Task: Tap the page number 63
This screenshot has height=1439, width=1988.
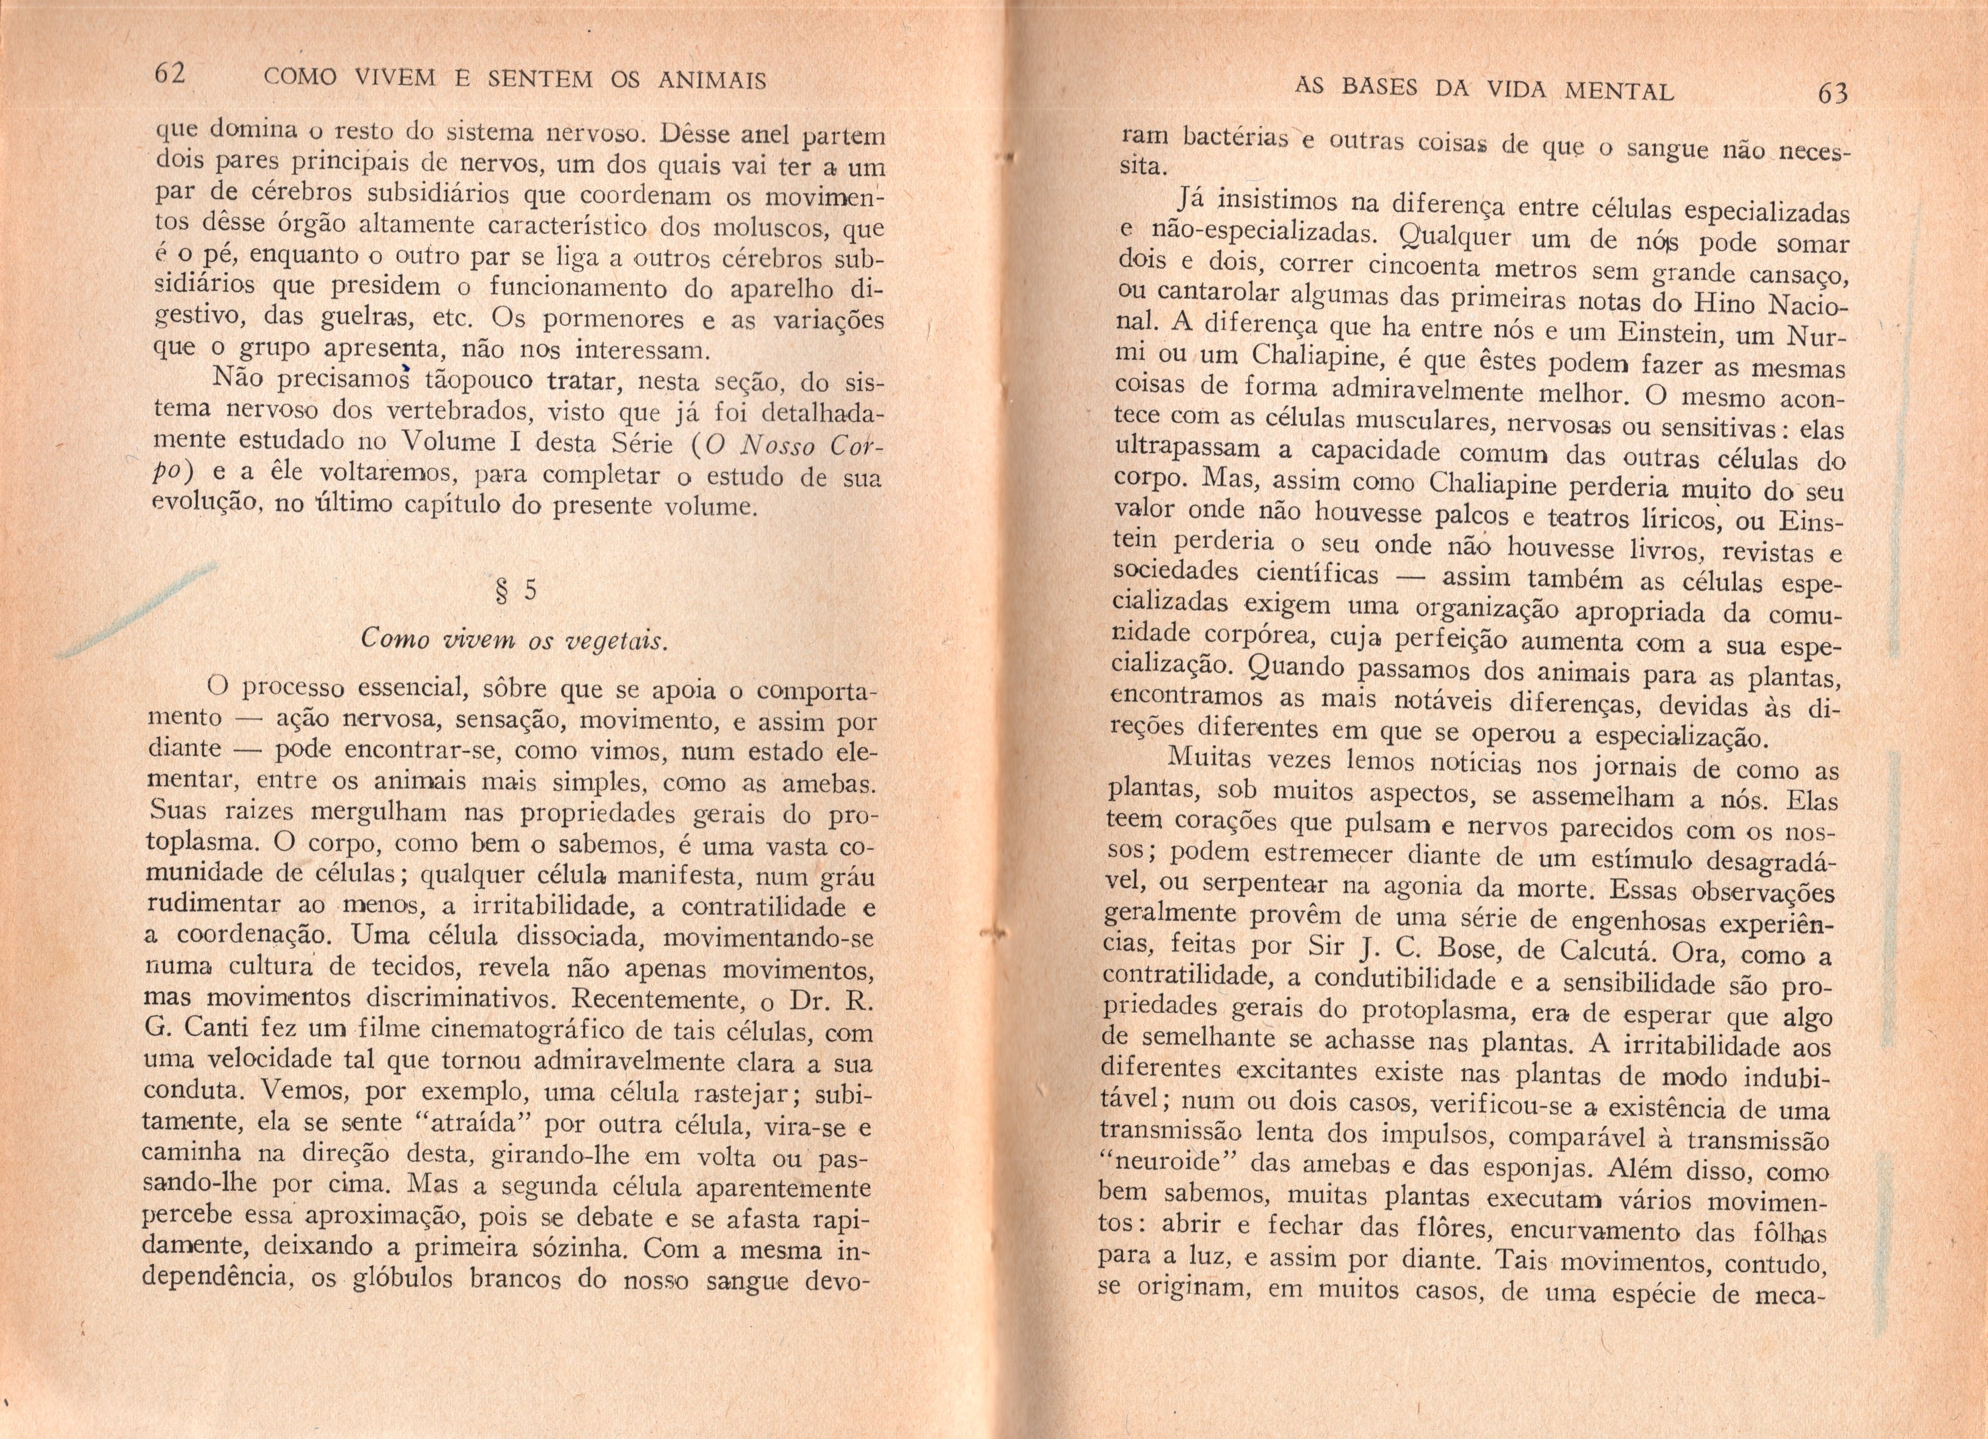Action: click(1833, 93)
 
